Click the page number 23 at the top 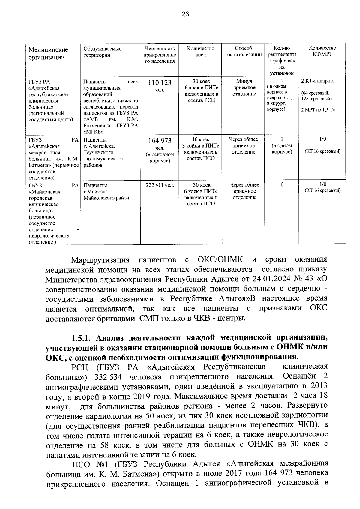[185, 14]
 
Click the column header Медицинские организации [48, 53]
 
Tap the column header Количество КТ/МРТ [322, 51]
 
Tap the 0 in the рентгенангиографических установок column [282, 185]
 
